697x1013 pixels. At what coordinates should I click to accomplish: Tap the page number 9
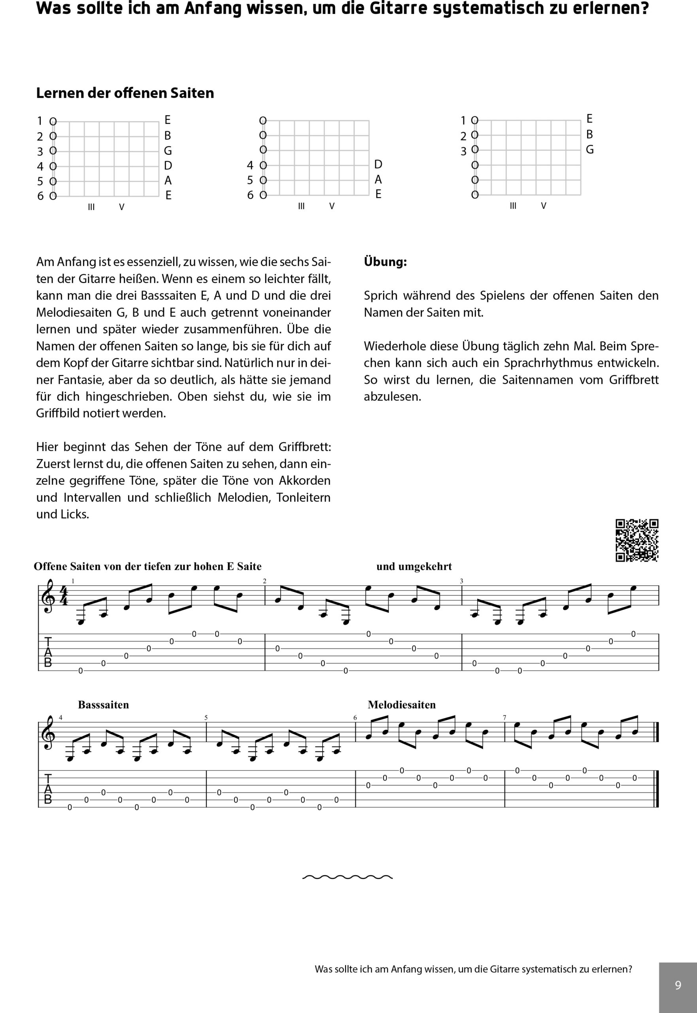click(678, 985)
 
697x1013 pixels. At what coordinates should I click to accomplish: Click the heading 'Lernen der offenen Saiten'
click(125, 93)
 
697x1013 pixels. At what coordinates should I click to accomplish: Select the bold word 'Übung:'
click(385, 262)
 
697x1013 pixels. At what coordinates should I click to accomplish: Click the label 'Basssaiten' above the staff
click(104, 705)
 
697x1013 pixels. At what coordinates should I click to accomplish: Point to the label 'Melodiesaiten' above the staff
click(402, 705)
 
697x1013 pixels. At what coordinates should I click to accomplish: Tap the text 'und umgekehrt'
click(414, 567)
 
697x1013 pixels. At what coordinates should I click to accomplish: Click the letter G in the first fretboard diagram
click(168, 151)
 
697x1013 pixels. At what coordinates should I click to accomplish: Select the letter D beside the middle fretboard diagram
click(378, 164)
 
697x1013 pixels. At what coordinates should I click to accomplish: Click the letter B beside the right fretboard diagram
click(589, 134)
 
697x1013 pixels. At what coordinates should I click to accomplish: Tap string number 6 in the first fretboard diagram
click(40, 196)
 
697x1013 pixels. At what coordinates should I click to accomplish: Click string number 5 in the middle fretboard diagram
click(250, 180)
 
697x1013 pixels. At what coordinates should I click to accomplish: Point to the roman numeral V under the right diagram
click(544, 205)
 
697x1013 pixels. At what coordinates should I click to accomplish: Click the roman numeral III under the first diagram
click(91, 207)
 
